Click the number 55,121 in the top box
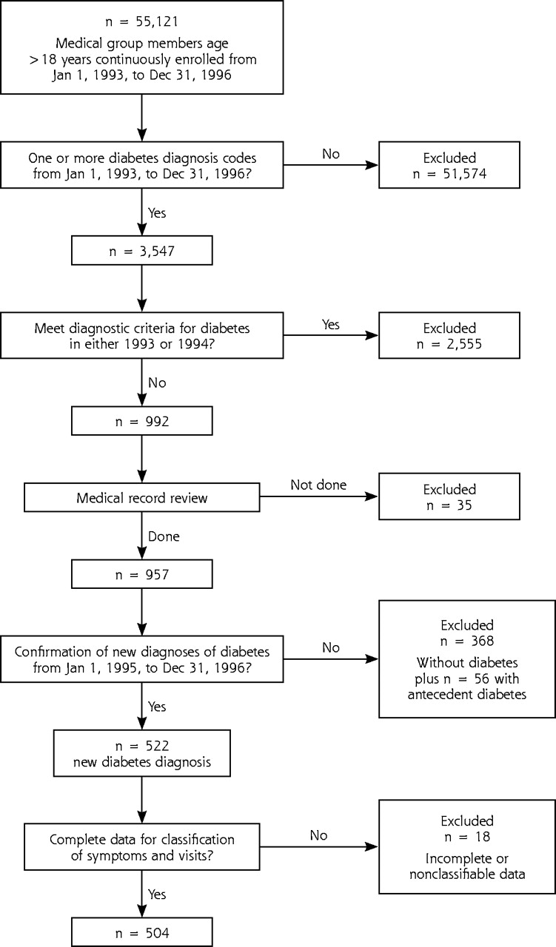point(157,22)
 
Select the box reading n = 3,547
point(141,251)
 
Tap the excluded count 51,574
point(465,174)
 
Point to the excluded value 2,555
point(464,344)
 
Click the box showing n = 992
point(141,421)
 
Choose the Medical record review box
point(141,498)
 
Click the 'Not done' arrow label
point(318,485)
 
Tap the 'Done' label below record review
point(164,536)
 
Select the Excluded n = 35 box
point(449,496)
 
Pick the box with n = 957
point(141,574)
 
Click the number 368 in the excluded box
point(482,641)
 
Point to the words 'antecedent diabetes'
point(466,694)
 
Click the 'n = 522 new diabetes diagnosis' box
point(141,753)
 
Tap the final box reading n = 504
point(141,932)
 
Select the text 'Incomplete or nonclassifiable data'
point(466,866)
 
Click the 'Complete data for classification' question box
point(141,846)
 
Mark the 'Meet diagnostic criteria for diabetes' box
point(141,335)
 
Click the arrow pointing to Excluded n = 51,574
point(331,165)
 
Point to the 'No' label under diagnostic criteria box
point(157,382)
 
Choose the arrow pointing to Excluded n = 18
point(318,846)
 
